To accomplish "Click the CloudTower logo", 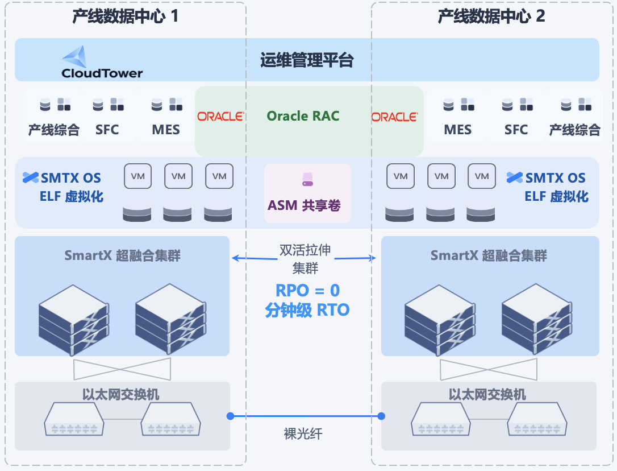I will [102, 62].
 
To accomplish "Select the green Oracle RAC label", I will [303, 116].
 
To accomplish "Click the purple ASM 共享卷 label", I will [304, 205].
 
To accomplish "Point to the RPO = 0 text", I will [307, 290].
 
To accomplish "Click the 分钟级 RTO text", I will [307, 310].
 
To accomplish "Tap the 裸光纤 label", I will [303, 434].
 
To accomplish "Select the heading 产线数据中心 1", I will [126, 16].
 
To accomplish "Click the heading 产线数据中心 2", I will [491, 16].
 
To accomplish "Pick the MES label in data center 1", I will [166, 130].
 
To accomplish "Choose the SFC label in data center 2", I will [516, 130].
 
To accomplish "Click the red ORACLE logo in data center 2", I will [394, 117].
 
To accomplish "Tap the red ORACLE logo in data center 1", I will [220, 117].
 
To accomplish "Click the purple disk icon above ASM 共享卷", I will [307, 180].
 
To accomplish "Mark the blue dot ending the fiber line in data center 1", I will [231, 416].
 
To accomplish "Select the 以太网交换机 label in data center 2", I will [487, 394].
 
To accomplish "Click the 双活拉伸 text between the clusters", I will [305, 250].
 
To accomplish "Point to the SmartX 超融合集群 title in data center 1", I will [122, 255].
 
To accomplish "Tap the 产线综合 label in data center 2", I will [574, 130].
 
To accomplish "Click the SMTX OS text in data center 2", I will [555, 178].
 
